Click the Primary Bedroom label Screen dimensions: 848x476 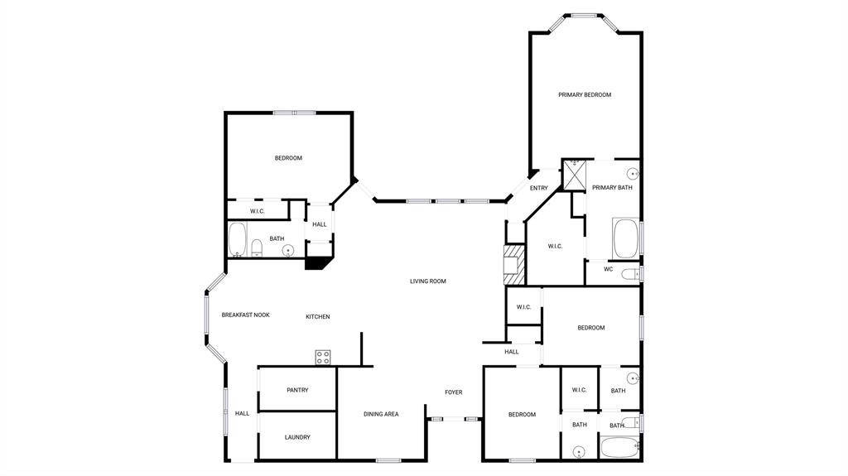585,94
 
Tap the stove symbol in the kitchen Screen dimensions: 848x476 323,357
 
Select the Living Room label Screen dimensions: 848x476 428,281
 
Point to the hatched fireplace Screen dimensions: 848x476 514,265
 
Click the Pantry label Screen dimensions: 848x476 297,390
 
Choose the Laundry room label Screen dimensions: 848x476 297,437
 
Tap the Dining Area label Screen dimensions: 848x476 381,415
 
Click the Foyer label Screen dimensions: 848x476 454,392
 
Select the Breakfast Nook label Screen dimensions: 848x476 245,315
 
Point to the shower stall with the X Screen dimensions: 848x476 575,174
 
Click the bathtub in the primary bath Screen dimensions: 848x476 626,238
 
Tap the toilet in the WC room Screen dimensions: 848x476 630,274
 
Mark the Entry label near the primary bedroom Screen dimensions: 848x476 538,188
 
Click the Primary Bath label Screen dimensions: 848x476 612,188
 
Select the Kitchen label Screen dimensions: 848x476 318,317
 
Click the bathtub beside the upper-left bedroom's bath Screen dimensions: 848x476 238,239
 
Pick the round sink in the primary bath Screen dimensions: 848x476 633,174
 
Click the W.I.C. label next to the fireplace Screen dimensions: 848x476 555,247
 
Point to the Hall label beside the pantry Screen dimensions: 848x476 243,414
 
